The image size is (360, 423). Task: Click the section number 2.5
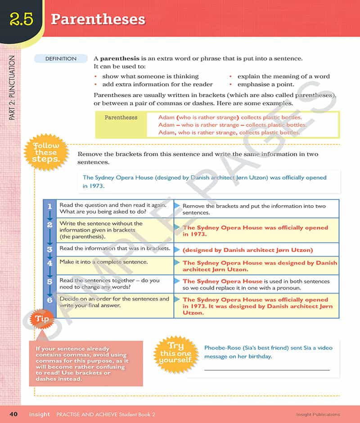coord(21,20)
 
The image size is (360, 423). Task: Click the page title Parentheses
coord(98,19)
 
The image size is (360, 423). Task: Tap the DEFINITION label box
coord(61,58)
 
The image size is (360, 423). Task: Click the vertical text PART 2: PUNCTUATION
coord(12,88)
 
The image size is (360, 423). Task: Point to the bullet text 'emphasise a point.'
coord(265,84)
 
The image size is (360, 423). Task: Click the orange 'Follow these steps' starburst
coord(45,153)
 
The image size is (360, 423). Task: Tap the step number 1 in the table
coord(49,206)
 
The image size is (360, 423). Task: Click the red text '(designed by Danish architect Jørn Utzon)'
coord(247,250)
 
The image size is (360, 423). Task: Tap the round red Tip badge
coord(41,319)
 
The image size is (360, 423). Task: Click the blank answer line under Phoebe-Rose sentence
coord(266,370)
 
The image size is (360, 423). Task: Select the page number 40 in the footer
coord(13,414)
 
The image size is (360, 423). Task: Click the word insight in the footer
coord(40,414)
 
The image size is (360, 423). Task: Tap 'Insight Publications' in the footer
coord(318,414)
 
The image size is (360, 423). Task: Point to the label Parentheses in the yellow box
coord(121,117)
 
